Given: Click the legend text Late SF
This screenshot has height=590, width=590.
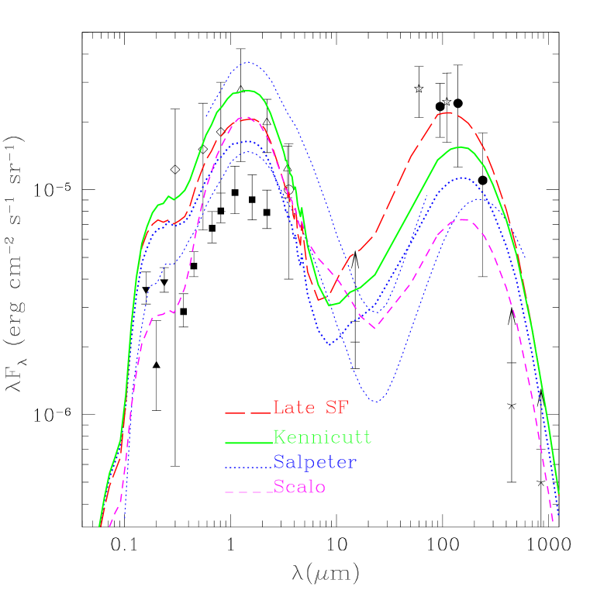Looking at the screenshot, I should [310, 408].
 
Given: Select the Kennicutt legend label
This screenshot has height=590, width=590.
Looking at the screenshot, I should [322, 438].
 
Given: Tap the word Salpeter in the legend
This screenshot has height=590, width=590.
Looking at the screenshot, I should [315, 463].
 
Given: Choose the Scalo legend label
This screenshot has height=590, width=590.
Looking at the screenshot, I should [299, 488].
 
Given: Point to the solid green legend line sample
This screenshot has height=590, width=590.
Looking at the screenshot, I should [248, 441].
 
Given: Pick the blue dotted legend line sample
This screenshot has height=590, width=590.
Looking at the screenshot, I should [248, 466].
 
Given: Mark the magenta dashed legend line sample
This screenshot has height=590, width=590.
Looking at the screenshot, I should [248, 492].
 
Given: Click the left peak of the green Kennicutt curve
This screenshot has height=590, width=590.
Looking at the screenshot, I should [247, 91].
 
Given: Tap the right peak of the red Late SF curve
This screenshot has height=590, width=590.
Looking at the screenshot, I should [448, 112].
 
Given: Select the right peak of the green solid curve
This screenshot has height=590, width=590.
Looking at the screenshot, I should [461, 147].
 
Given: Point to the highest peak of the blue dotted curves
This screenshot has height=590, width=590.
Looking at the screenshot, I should [247, 62].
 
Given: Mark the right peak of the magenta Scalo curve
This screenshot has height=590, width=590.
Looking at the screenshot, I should [463, 219].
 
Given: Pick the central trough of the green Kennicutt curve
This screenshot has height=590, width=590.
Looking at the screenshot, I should [330, 305].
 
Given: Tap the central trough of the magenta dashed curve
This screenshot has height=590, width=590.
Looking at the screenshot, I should [374, 329].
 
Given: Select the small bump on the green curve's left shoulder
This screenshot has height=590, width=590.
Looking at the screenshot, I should [168, 197].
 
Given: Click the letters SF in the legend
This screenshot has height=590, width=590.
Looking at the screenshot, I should [338, 408].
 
